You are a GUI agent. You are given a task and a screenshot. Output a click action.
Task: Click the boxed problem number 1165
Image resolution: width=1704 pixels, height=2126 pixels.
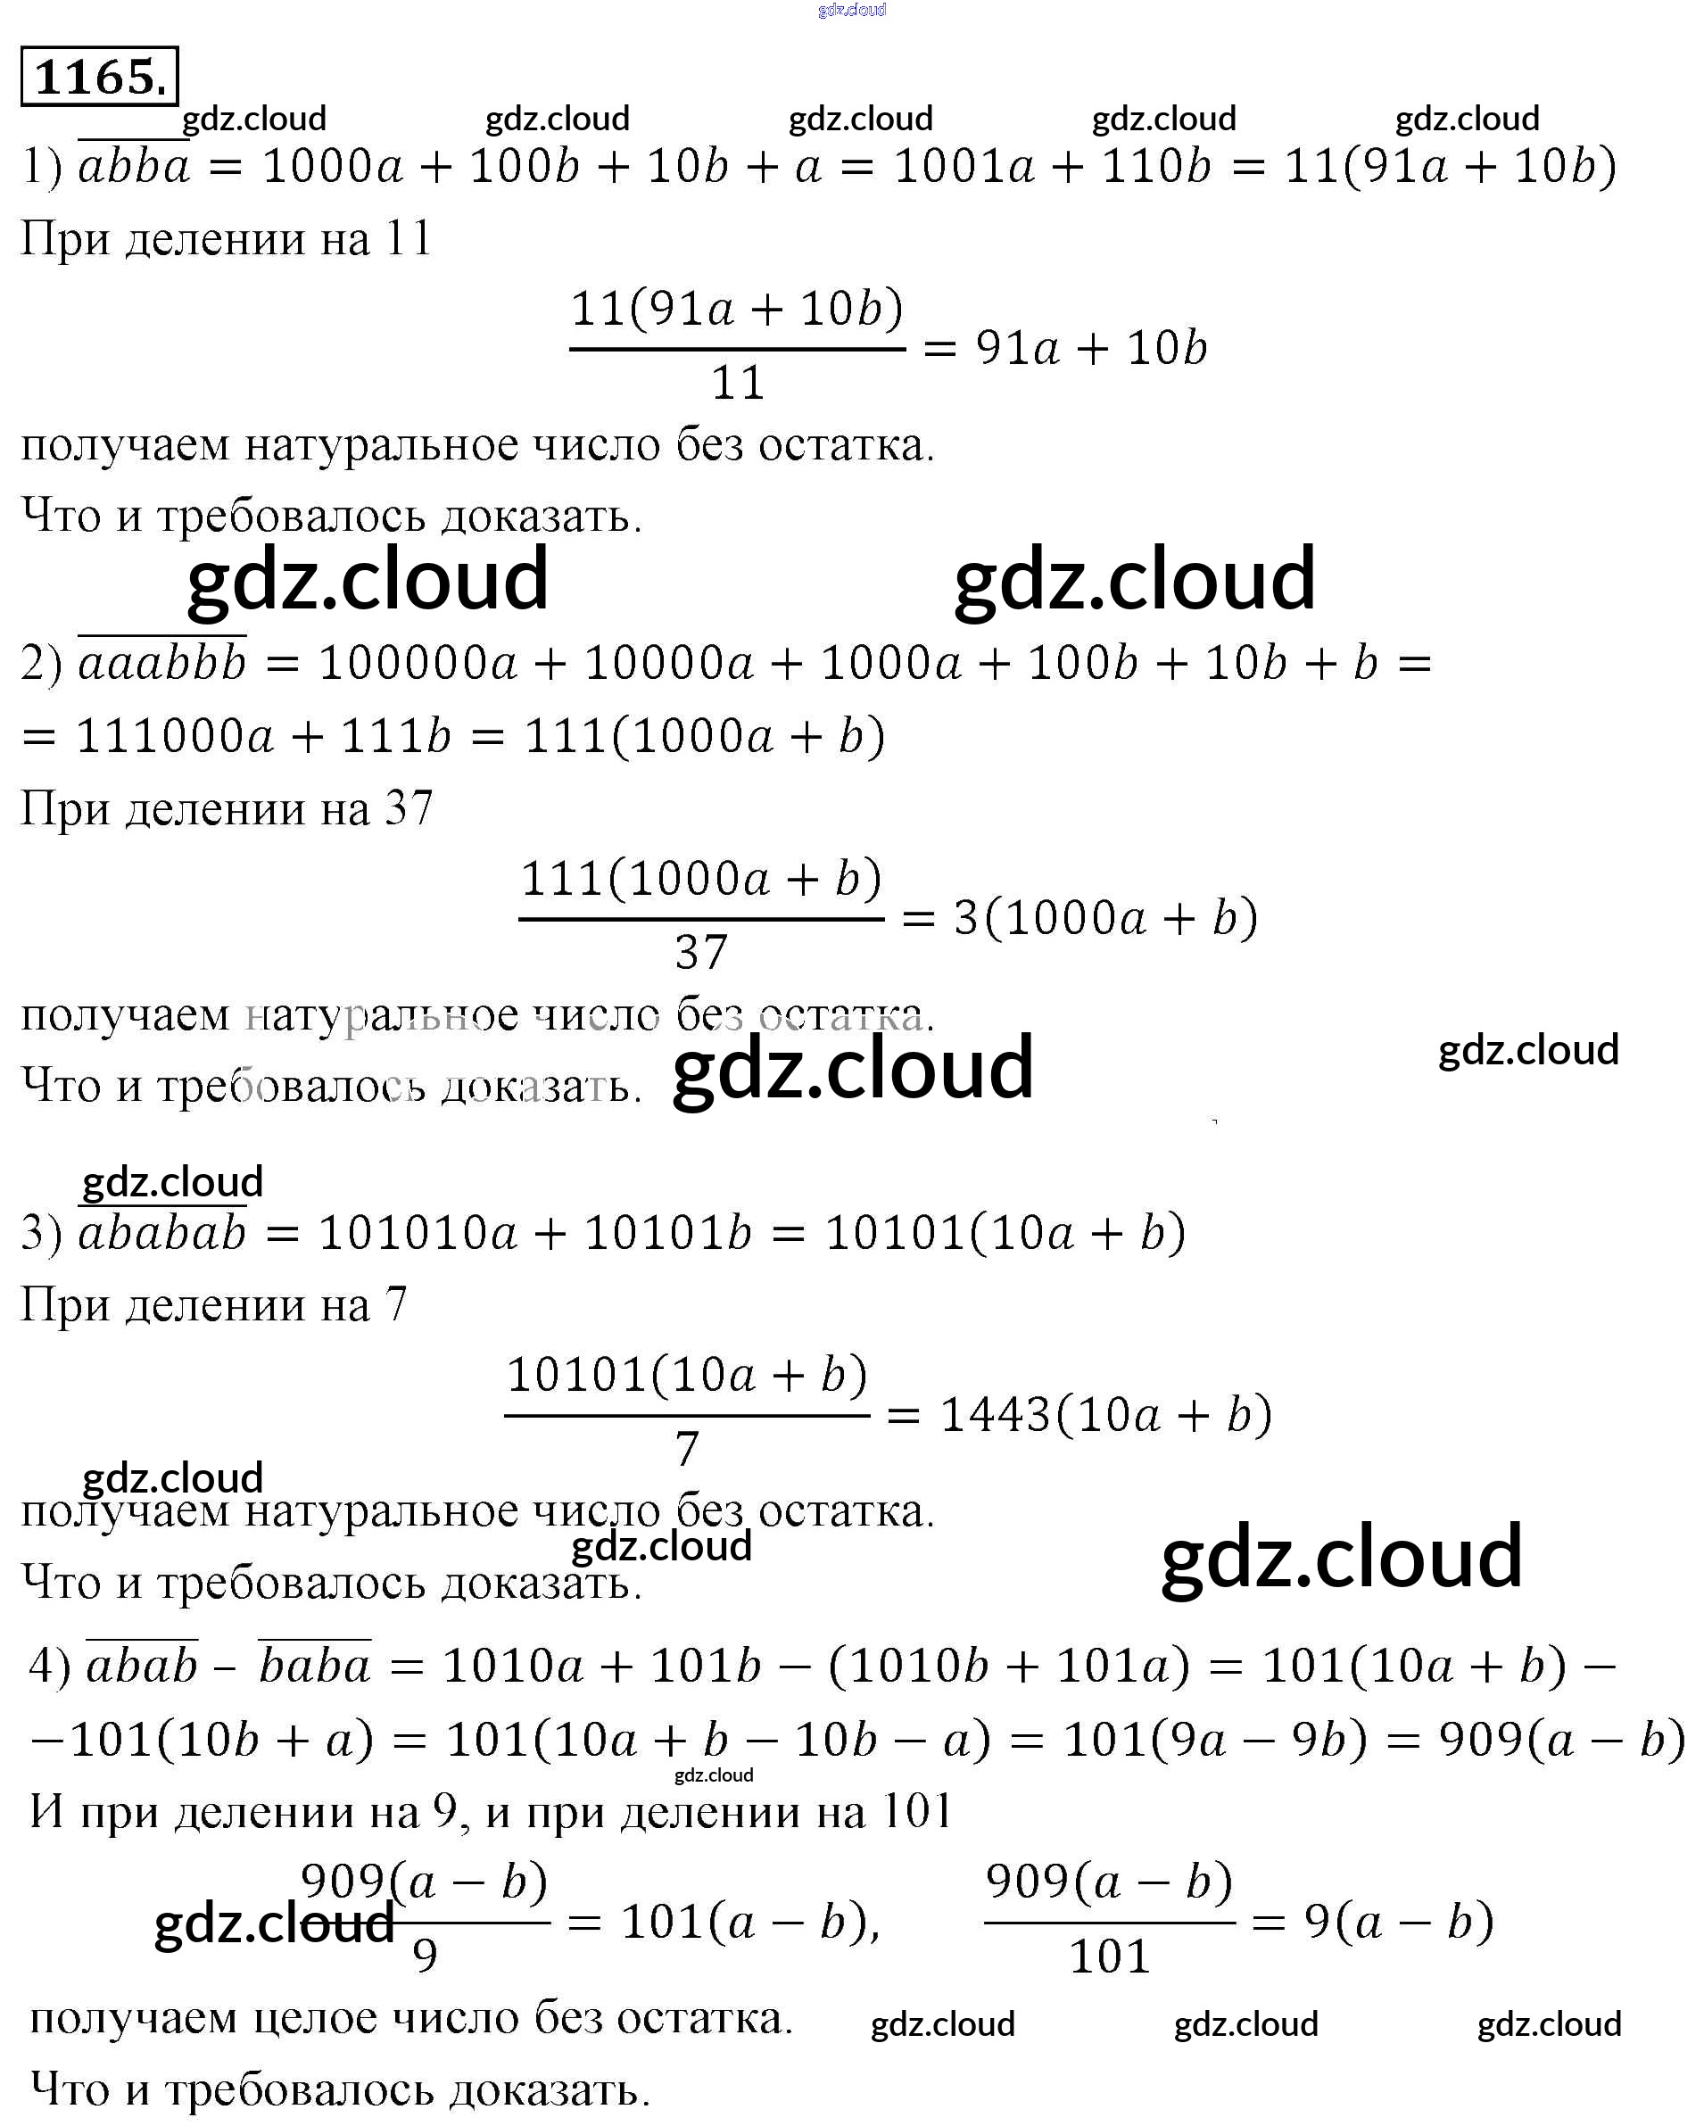click(x=100, y=76)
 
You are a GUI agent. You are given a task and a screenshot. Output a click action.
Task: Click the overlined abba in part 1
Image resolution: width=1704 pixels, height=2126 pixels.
click(x=134, y=165)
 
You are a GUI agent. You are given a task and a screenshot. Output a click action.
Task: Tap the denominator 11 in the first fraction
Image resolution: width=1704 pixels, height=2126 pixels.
click(x=738, y=383)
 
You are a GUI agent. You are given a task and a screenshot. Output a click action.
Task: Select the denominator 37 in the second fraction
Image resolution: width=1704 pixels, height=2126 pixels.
click(x=701, y=953)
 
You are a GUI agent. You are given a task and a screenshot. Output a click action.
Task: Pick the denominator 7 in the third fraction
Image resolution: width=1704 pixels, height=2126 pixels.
click(x=687, y=1449)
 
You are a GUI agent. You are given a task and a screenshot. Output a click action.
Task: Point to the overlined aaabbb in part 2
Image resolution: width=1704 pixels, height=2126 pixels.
click(x=162, y=662)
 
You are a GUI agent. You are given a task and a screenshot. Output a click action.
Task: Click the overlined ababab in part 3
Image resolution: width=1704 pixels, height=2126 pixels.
click(x=162, y=1233)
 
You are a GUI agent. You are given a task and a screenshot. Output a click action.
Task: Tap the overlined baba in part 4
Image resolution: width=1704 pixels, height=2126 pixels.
click(x=315, y=1666)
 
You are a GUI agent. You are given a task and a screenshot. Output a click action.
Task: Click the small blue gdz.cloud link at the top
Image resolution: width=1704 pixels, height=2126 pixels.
click(x=852, y=10)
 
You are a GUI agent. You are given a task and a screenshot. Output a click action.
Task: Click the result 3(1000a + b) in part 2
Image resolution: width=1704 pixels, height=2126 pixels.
click(x=1105, y=918)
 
